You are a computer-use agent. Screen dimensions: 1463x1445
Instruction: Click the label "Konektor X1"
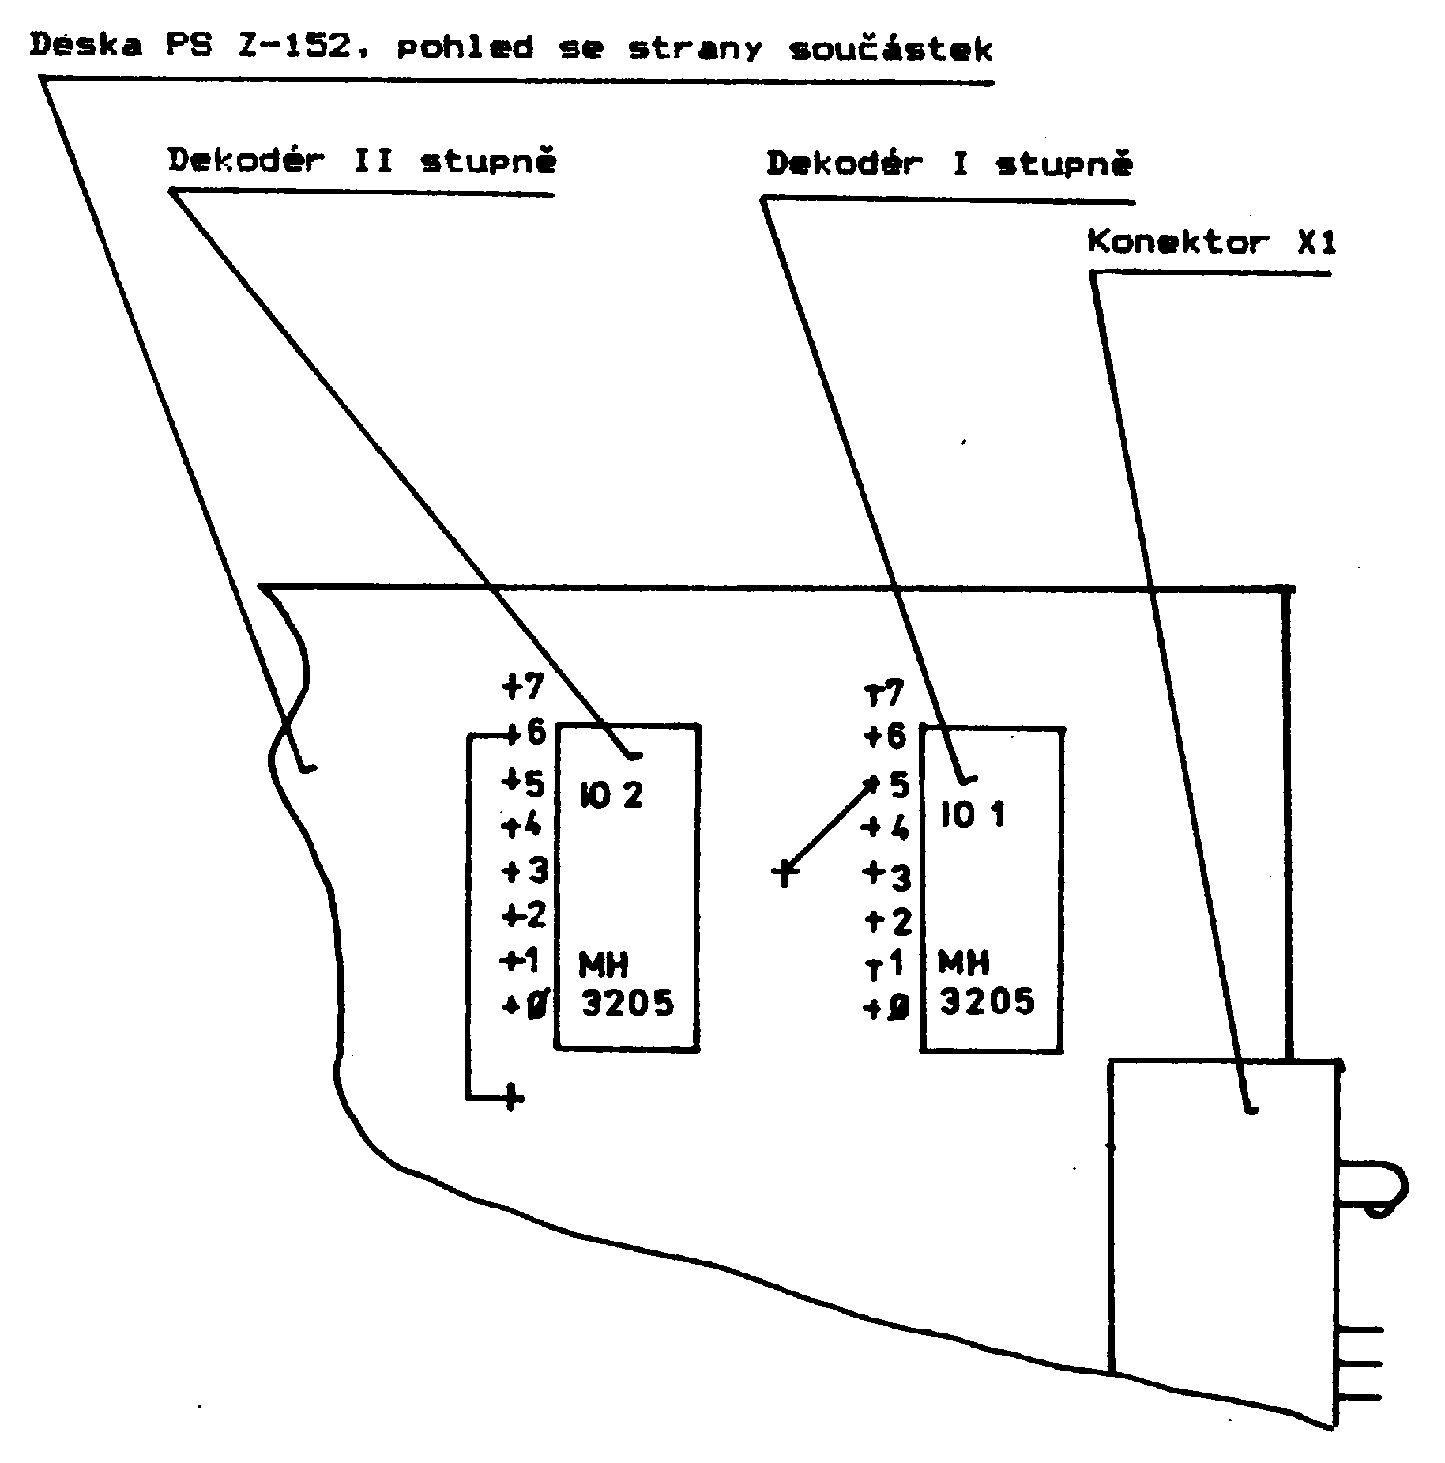click(x=1211, y=243)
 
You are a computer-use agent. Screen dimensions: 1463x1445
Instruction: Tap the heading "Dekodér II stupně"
click(x=362, y=161)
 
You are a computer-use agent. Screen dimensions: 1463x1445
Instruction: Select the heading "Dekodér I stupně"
click(x=949, y=164)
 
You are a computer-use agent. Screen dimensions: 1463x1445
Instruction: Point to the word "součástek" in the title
click(x=890, y=49)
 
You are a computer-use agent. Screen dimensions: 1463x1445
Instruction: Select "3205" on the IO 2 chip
click(x=628, y=1004)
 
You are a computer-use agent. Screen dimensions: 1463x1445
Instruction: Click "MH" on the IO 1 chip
click(x=963, y=963)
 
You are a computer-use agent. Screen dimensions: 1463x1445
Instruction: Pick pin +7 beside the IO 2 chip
click(x=524, y=686)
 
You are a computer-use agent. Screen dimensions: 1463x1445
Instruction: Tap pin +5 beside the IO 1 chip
click(x=889, y=785)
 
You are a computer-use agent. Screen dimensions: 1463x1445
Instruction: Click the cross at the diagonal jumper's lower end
click(x=785, y=873)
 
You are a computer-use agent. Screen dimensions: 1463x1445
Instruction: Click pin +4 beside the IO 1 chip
click(x=886, y=828)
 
